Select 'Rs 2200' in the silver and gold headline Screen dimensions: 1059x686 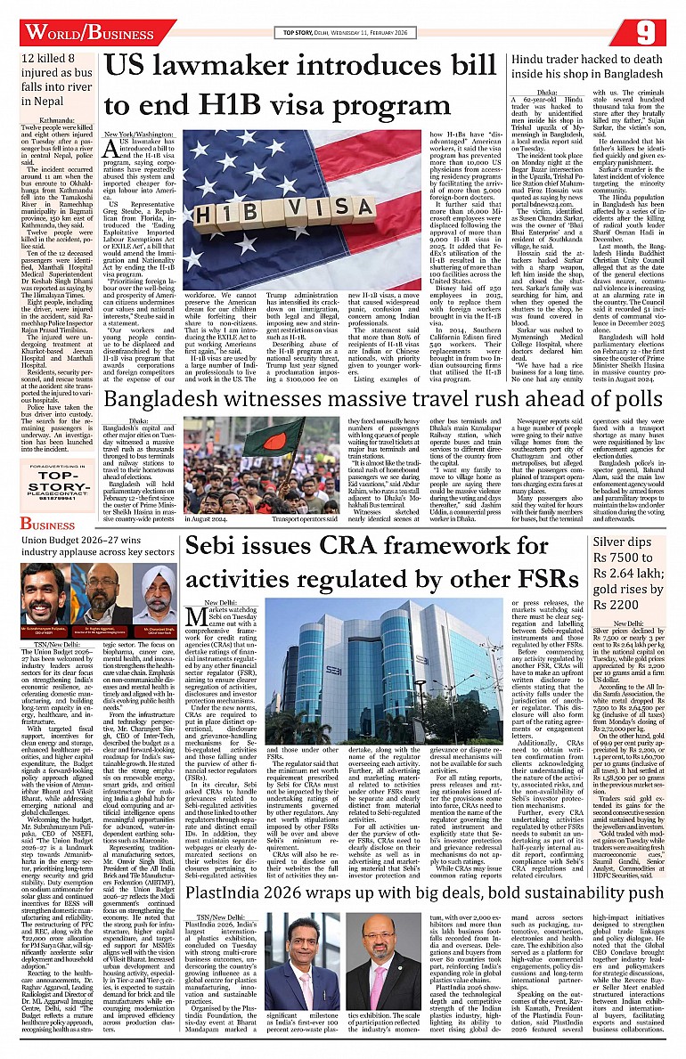(621, 607)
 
